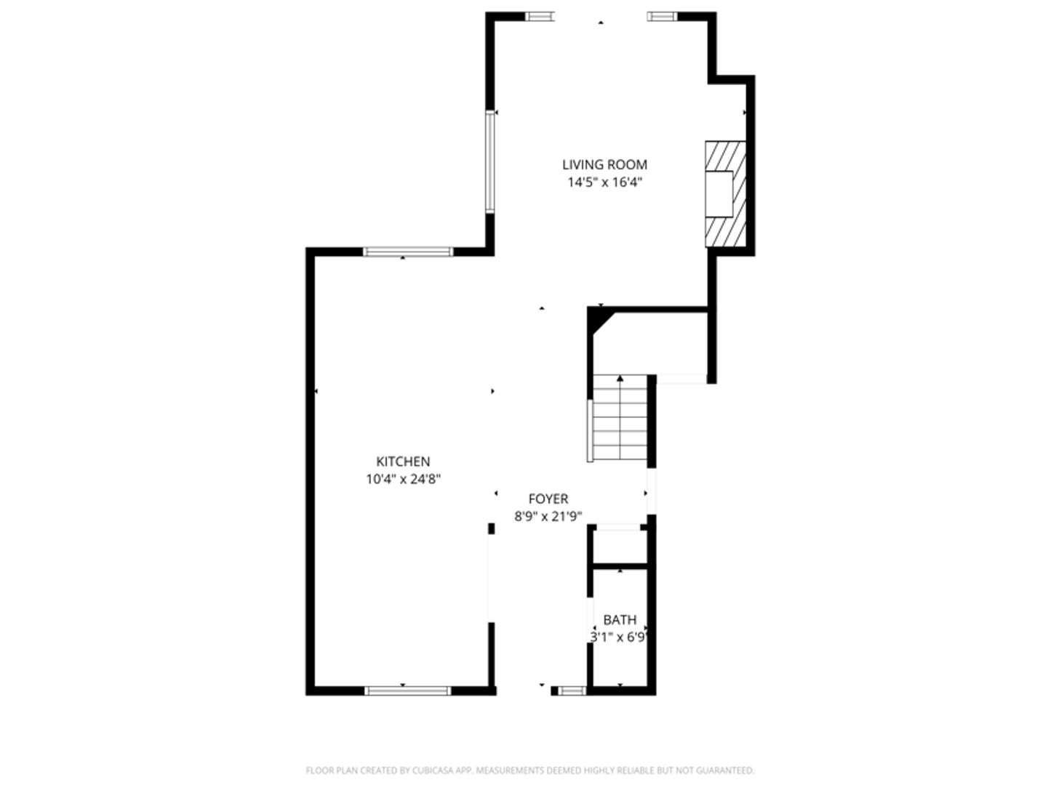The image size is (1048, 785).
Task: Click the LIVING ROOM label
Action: [604, 165]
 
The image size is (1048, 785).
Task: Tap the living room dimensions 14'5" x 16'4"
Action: [604, 182]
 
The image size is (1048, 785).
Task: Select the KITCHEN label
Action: [403, 462]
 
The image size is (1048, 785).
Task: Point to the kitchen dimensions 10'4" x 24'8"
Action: [403, 479]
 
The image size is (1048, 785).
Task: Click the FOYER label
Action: [548, 499]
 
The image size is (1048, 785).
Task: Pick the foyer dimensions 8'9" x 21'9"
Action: [548, 517]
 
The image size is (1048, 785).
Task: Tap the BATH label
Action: [620, 620]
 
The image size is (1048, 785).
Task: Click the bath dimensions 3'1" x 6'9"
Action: [620, 637]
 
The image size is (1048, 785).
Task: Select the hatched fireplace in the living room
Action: [726, 193]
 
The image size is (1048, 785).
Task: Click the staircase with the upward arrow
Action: [620, 422]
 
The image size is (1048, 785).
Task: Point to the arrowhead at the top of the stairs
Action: [620, 379]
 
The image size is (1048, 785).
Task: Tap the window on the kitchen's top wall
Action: [408, 252]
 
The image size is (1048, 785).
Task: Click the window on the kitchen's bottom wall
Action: [408, 691]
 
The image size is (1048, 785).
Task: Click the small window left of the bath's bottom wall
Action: [572, 691]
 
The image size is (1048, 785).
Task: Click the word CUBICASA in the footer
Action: [433, 770]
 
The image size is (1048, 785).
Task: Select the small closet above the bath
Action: [620, 547]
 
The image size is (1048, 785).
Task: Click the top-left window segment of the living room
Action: [540, 16]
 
